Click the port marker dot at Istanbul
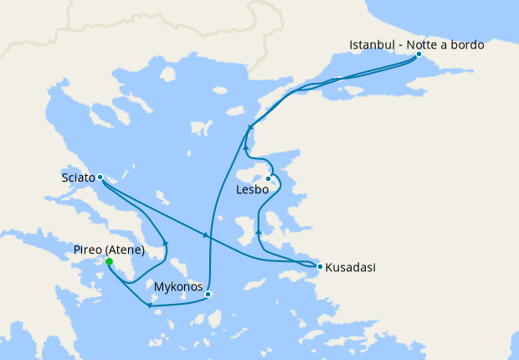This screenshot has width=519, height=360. (419, 54)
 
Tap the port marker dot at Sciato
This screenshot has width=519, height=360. (100, 177)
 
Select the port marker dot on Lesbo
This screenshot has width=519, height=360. (269, 178)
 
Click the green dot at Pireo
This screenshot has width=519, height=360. (109, 261)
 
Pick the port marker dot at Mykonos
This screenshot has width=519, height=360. (208, 294)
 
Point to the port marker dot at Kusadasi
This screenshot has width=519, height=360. (319, 267)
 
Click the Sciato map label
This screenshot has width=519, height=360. (78, 177)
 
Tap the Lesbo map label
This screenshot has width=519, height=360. (253, 190)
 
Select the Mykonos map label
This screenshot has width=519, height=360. (179, 287)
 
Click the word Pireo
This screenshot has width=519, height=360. (90, 250)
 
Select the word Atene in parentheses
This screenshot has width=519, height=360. (127, 250)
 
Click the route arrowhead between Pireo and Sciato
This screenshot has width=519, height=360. (165, 244)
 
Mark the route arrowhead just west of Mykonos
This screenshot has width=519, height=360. (149, 305)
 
